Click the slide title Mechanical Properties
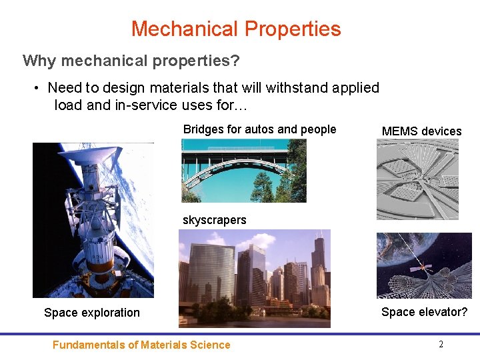[x=236, y=29]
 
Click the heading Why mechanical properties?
[x=131, y=61]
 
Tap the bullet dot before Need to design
[x=38, y=88]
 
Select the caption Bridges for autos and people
[x=259, y=129]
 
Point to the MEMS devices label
[x=421, y=131]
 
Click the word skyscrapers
[x=214, y=220]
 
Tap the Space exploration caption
[x=92, y=313]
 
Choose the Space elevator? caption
[x=424, y=312]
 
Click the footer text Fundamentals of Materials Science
[x=141, y=345]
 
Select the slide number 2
[x=441, y=345]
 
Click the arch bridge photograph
[x=244, y=171]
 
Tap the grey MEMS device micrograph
[x=417, y=179]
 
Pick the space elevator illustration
[x=424, y=265]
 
